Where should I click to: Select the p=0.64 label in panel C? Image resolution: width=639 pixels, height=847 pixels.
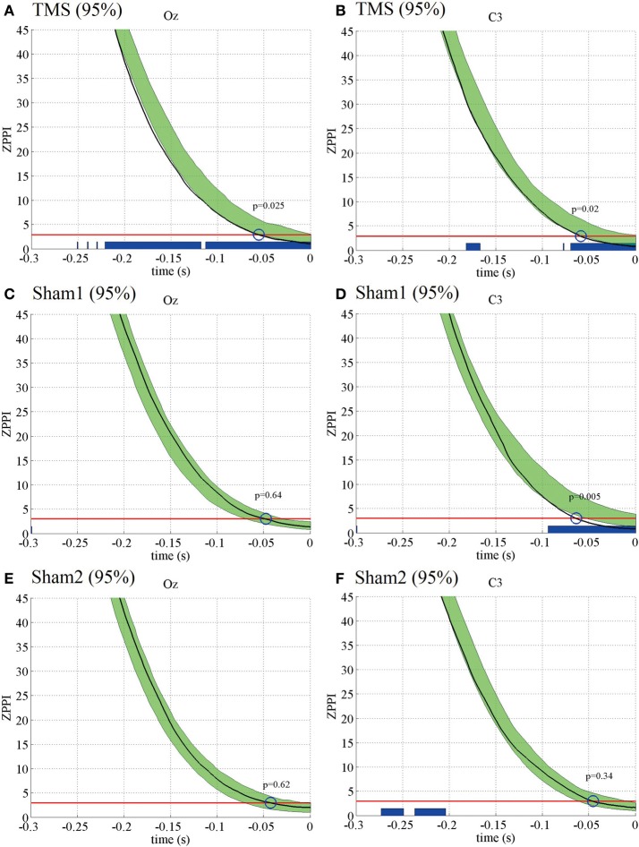point(268,495)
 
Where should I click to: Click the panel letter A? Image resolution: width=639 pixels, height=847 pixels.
point(8,10)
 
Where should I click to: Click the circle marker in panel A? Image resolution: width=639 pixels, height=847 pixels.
point(259,235)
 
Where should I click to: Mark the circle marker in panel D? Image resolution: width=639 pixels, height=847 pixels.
point(576,518)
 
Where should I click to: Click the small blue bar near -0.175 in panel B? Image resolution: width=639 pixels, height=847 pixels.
point(473,246)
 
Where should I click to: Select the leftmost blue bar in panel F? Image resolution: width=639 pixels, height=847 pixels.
point(392,811)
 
